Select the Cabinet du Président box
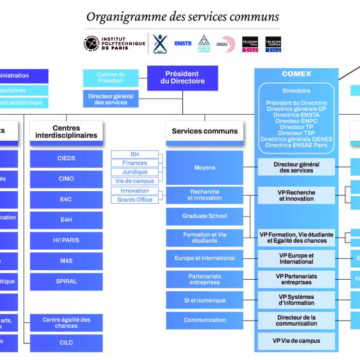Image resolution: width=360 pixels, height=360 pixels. click(111, 78)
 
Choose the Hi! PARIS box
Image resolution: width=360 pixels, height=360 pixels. click(66, 240)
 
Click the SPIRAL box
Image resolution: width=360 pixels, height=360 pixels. click(66, 281)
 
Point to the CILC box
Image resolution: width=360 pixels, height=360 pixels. click(66, 342)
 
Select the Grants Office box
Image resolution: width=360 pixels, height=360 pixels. click(134, 199)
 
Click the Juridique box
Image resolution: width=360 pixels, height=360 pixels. click(134, 172)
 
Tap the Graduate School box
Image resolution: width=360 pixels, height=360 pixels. click(204, 216)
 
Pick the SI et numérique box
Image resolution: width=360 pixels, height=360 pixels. click(204, 299)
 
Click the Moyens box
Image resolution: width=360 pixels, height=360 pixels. click(204, 168)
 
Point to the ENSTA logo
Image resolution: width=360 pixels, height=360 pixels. click(182, 43)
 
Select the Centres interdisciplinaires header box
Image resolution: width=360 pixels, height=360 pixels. click(66, 131)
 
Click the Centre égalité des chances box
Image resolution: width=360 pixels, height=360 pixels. click(66, 322)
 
